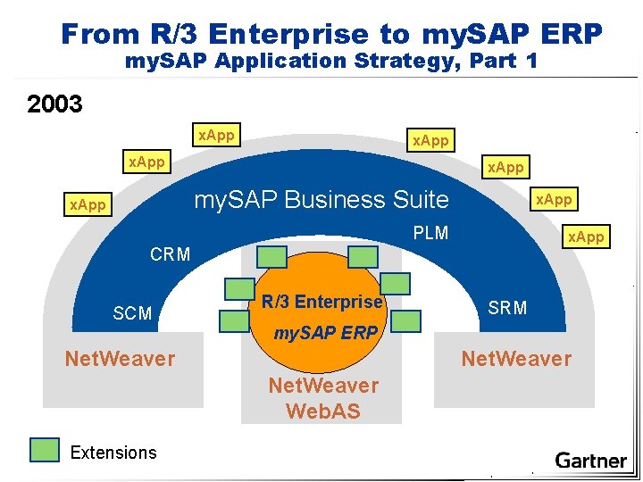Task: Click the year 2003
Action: [55, 104]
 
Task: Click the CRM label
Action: [170, 254]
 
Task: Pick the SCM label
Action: [132, 313]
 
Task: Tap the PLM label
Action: [430, 234]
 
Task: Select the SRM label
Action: [507, 308]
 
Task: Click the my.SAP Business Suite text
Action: [321, 199]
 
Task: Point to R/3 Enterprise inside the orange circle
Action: [321, 302]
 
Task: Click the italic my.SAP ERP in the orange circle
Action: [325, 333]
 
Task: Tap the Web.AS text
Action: [323, 411]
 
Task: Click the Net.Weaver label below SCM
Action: [120, 359]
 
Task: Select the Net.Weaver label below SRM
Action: [515, 359]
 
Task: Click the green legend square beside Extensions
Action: [44, 451]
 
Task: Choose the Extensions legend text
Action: [113, 453]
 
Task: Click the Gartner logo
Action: [590, 461]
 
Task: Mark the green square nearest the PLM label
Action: [363, 257]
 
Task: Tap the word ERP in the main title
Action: [572, 34]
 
